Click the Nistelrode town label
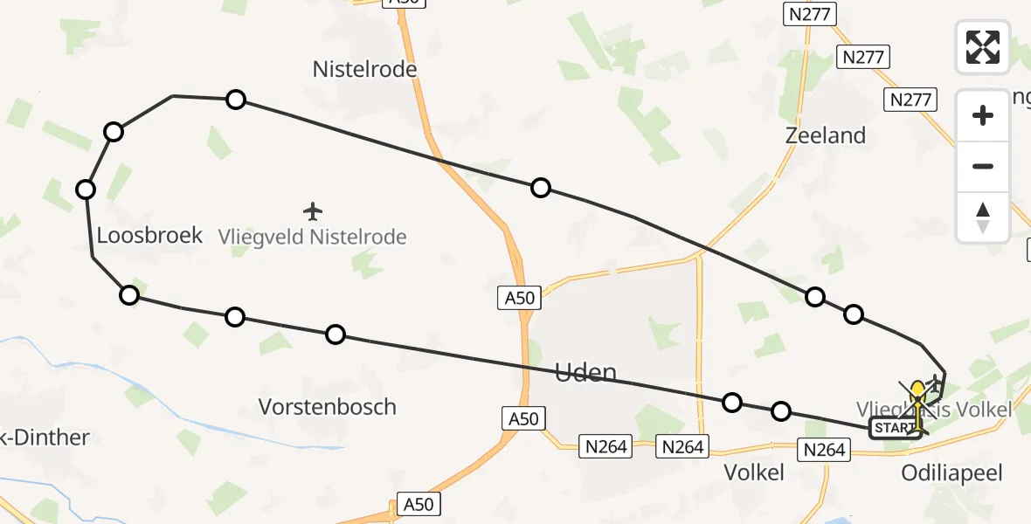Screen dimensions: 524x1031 click(x=364, y=69)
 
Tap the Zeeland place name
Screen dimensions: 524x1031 click(x=825, y=135)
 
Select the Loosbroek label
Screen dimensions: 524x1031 click(x=149, y=235)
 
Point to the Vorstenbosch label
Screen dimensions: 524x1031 click(x=328, y=407)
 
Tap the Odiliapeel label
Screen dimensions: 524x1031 click(x=952, y=473)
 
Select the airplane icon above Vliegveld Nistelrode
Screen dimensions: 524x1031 click(x=313, y=211)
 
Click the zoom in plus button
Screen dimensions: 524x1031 click(x=983, y=115)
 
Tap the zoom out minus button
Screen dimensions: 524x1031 click(x=983, y=166)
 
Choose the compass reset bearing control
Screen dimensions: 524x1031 click(x=983, y=217)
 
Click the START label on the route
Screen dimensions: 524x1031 click(x=893, y=428)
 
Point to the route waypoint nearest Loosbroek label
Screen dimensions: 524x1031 click(x=86, y=190)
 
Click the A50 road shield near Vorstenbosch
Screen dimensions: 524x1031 click(x=522, y=419)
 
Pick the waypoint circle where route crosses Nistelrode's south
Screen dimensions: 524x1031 click(x=236, y=100)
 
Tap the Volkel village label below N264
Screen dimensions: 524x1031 click(x=754, y=472)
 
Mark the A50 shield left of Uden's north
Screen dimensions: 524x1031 click(x=520, y=298)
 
